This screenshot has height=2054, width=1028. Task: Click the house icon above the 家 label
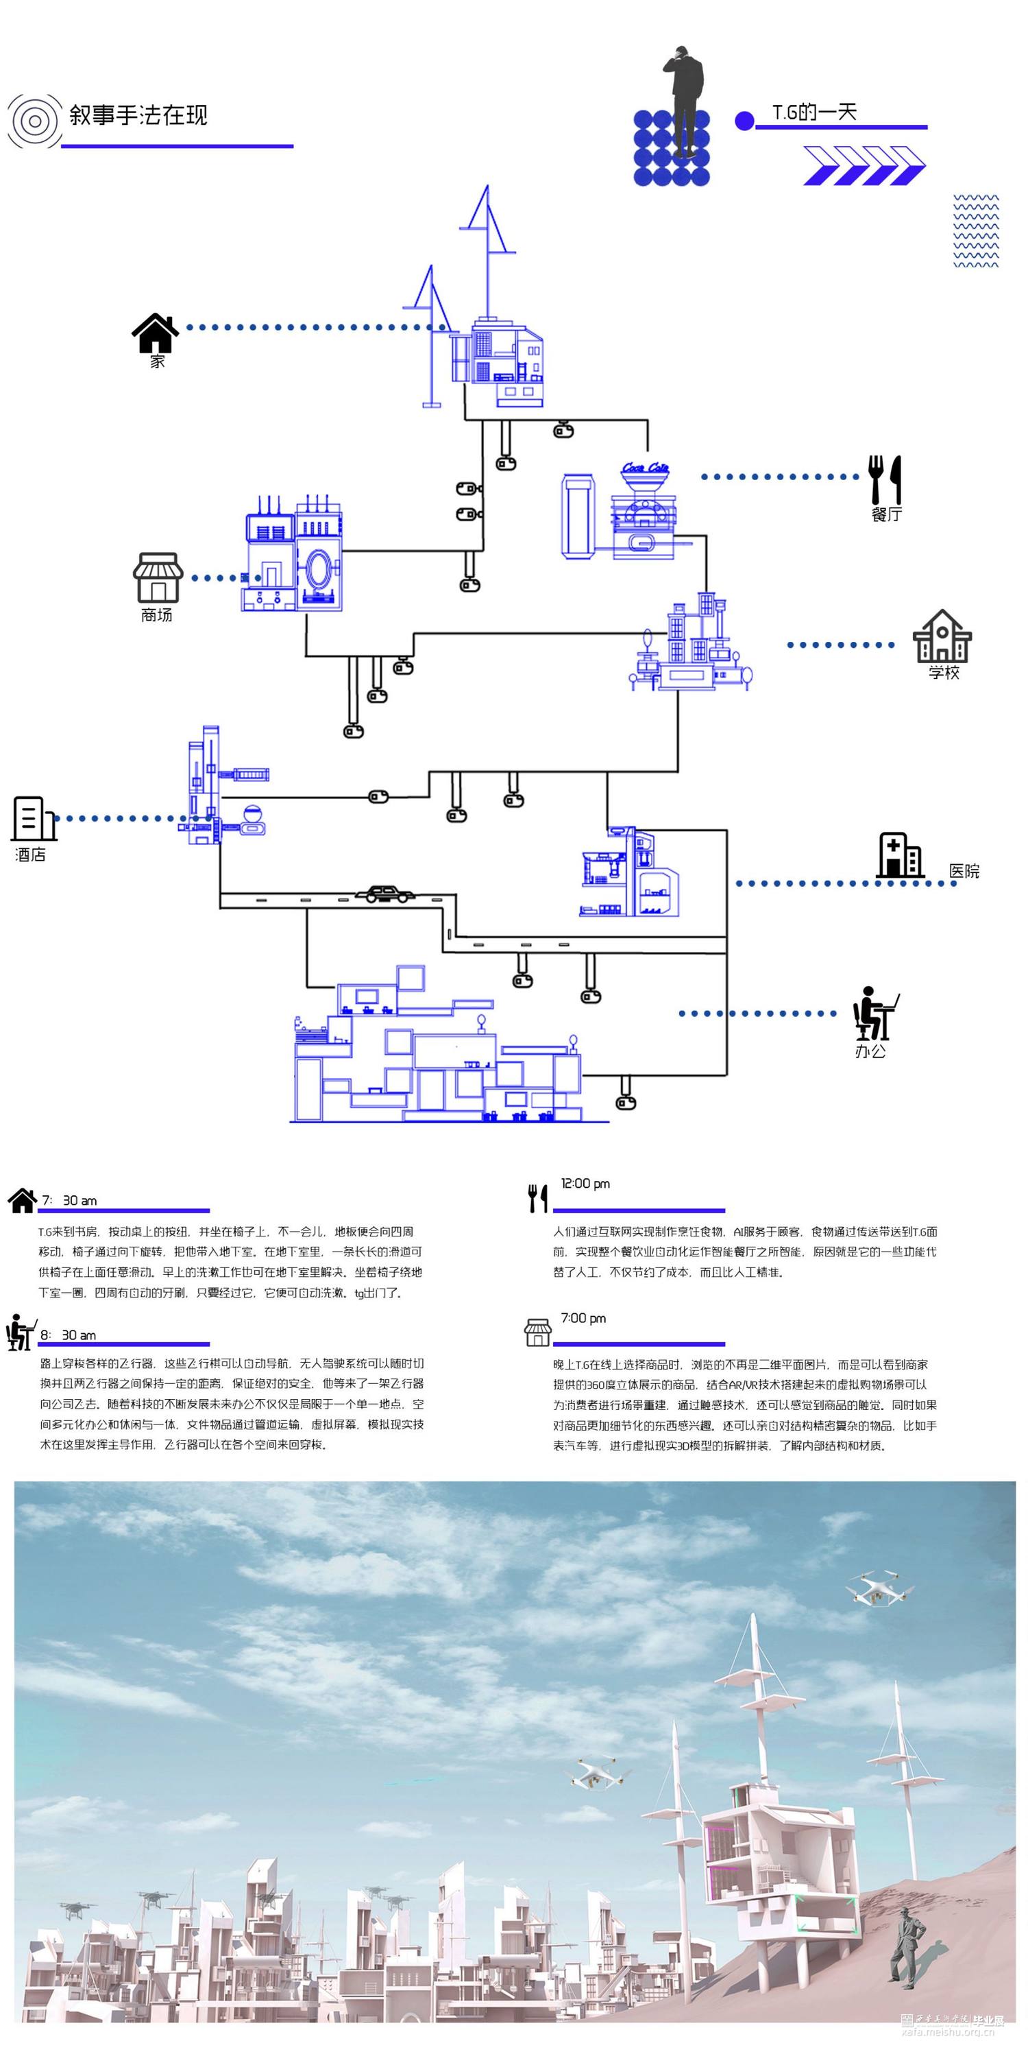(156, 333)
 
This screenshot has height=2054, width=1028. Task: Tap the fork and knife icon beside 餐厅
(885, 479)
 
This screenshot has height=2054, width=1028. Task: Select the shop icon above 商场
(158, 577)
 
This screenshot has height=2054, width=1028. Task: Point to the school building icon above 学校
(942, 636)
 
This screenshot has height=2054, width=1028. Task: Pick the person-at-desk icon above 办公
(874, 1014)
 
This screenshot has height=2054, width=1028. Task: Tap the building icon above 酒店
(33, 818)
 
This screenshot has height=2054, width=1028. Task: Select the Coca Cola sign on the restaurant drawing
(646, 468)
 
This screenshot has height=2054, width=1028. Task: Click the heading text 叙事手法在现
(138, 116)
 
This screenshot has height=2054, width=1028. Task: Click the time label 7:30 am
(69, 1201)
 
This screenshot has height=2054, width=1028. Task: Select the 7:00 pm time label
(583, 1318)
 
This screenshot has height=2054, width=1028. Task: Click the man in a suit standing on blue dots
(685, 99)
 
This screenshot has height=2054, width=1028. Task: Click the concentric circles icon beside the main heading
(34, 121)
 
